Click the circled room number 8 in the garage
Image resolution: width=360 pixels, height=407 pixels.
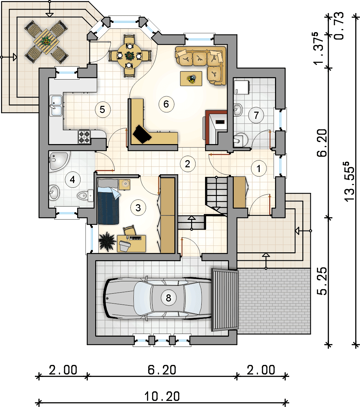click(168, 298)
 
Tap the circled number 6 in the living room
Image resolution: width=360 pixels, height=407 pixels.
click(166, 104)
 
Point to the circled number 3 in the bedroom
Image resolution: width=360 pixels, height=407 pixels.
click(138, 208)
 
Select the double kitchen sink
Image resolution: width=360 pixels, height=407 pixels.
click(56, 105)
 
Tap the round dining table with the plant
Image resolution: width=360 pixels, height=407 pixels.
click(130, 55)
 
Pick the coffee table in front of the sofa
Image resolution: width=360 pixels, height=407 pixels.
click(191, 79)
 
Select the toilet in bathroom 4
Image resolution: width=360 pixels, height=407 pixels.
click(85, 195)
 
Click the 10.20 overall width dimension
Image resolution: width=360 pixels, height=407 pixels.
click(162, 396)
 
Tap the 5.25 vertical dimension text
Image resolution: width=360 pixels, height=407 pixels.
click(324, 281)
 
